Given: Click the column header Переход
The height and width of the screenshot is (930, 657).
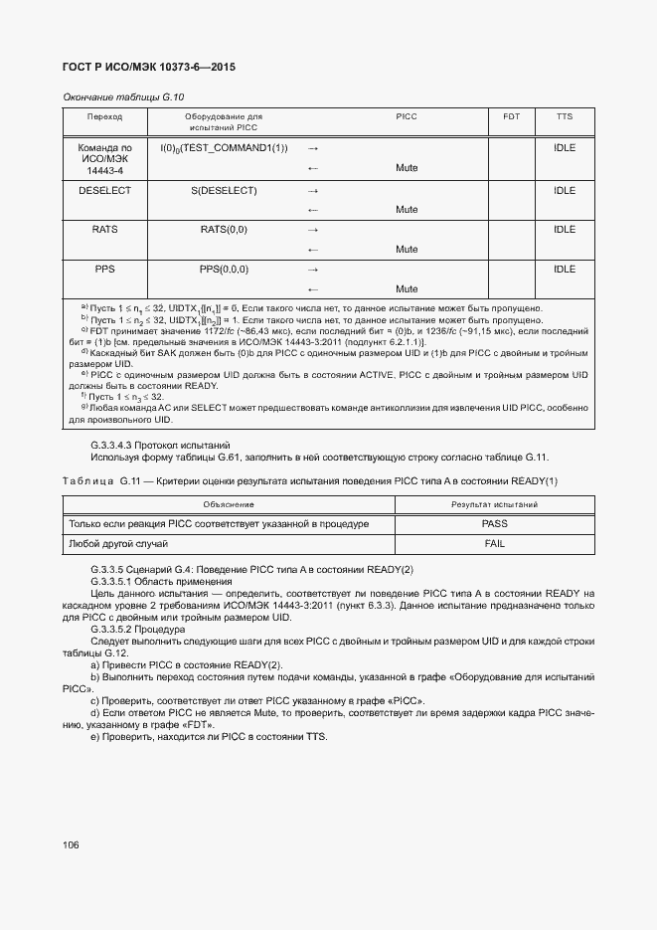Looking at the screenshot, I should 104,117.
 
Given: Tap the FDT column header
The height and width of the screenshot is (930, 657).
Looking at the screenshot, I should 511,117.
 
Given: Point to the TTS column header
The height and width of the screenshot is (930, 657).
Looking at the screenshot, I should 565,117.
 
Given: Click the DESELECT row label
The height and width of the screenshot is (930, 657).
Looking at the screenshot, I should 104,190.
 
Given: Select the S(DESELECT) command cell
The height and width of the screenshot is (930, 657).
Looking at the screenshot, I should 224,190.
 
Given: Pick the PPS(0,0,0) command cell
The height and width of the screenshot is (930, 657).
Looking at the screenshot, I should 224,270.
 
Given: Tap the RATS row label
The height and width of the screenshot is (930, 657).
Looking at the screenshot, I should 104,230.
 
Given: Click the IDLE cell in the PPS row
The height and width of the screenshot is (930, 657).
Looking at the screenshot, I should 565,270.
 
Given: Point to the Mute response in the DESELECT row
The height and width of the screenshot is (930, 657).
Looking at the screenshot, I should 406,210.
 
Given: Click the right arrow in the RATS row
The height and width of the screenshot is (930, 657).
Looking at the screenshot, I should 312,230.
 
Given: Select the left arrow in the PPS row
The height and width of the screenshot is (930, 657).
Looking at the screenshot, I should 312,289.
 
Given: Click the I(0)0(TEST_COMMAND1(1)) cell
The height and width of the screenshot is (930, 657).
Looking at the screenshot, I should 224,148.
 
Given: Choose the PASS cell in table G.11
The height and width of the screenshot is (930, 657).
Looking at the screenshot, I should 494,524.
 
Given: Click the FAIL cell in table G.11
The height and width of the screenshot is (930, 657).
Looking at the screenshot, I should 494,544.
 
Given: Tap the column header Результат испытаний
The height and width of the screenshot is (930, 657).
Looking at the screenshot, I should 494,505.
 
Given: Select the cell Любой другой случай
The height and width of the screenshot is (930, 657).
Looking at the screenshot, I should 117,544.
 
